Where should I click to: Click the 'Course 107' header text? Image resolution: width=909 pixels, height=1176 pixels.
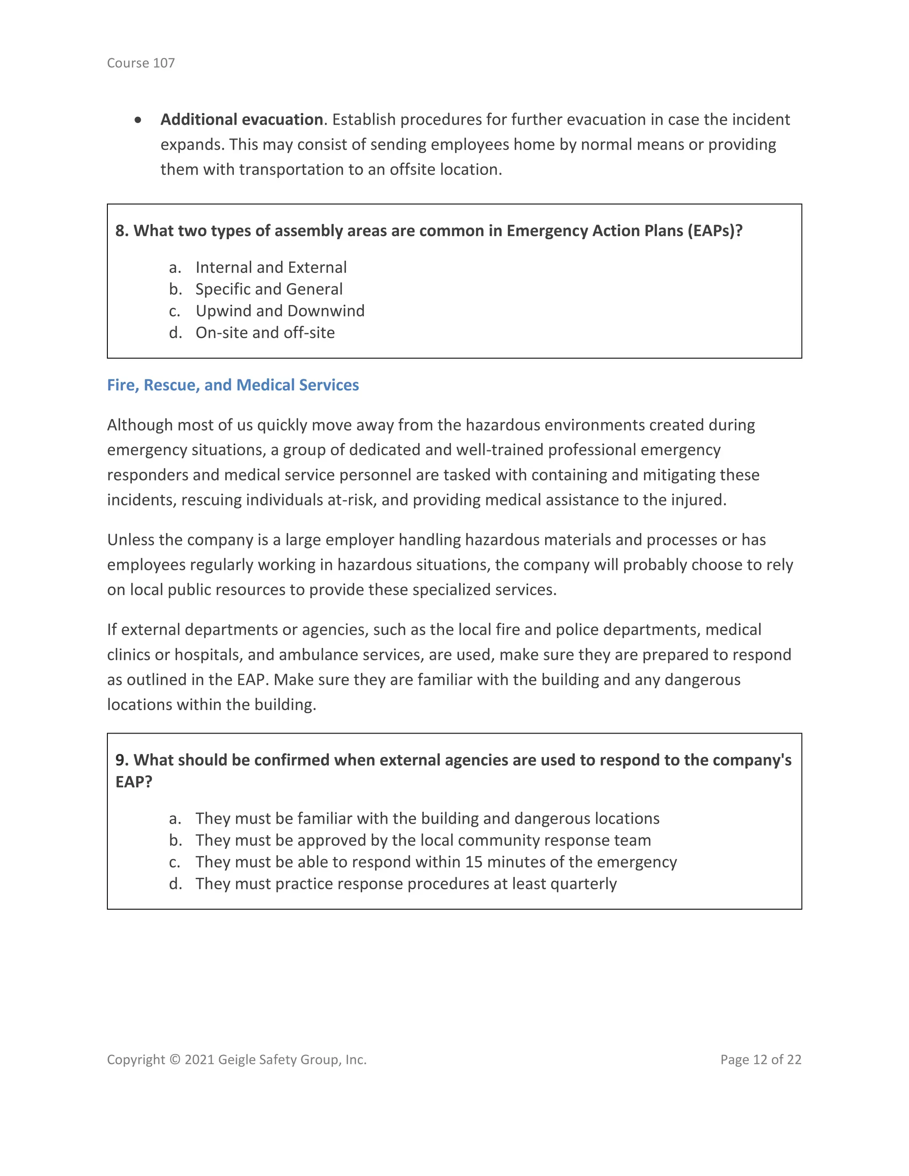coord(141,63)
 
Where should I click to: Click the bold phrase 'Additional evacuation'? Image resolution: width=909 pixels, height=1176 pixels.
coord(241,119)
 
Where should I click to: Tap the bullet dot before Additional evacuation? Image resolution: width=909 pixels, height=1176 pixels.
coord(138,120)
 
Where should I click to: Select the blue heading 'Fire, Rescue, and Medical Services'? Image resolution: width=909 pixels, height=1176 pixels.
coord(233,385)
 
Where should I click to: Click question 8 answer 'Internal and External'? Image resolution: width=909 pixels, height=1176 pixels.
coord(271,267)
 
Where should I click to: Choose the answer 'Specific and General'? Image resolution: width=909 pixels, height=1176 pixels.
coord(269,289)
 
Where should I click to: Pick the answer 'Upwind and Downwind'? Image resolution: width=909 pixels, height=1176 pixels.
coord(280,311)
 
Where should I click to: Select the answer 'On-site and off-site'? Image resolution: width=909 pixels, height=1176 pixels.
coord(265,333)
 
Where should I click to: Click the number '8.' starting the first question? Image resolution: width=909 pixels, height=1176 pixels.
coord(122,231)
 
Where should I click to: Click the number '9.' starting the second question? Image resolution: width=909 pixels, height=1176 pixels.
coord(122,760)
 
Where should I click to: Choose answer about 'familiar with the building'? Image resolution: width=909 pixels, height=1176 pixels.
coord(427,818)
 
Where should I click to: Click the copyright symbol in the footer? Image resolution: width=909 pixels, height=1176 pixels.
coord(175,1060)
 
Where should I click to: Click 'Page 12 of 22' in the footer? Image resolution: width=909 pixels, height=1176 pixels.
coord(760,1060)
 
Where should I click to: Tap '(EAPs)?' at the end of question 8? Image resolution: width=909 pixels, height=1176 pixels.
coord(715,231)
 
